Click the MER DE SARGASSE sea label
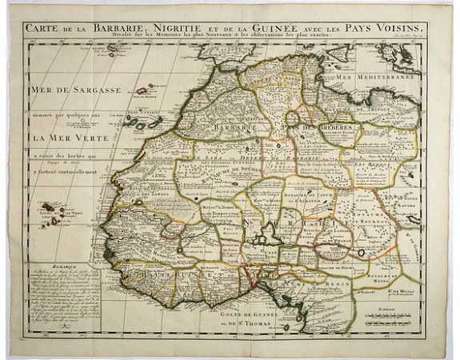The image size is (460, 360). [75, 90]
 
